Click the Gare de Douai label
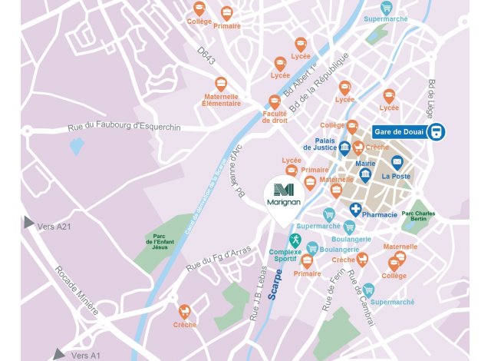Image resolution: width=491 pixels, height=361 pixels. coord(399,131)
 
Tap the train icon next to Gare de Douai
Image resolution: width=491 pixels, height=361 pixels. coord(437,131)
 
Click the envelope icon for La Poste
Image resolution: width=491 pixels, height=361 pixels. coord(397,162)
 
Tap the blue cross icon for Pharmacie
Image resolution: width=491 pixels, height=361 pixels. coord(356,209)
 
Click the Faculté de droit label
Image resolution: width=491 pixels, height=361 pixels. coord(275,118)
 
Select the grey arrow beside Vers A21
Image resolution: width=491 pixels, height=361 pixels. coord(29,223)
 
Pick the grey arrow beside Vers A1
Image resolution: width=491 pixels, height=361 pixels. coord(60,354)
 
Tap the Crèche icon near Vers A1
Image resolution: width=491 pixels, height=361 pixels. coord(184,311)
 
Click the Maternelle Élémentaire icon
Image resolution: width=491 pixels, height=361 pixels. coord(221,84)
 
